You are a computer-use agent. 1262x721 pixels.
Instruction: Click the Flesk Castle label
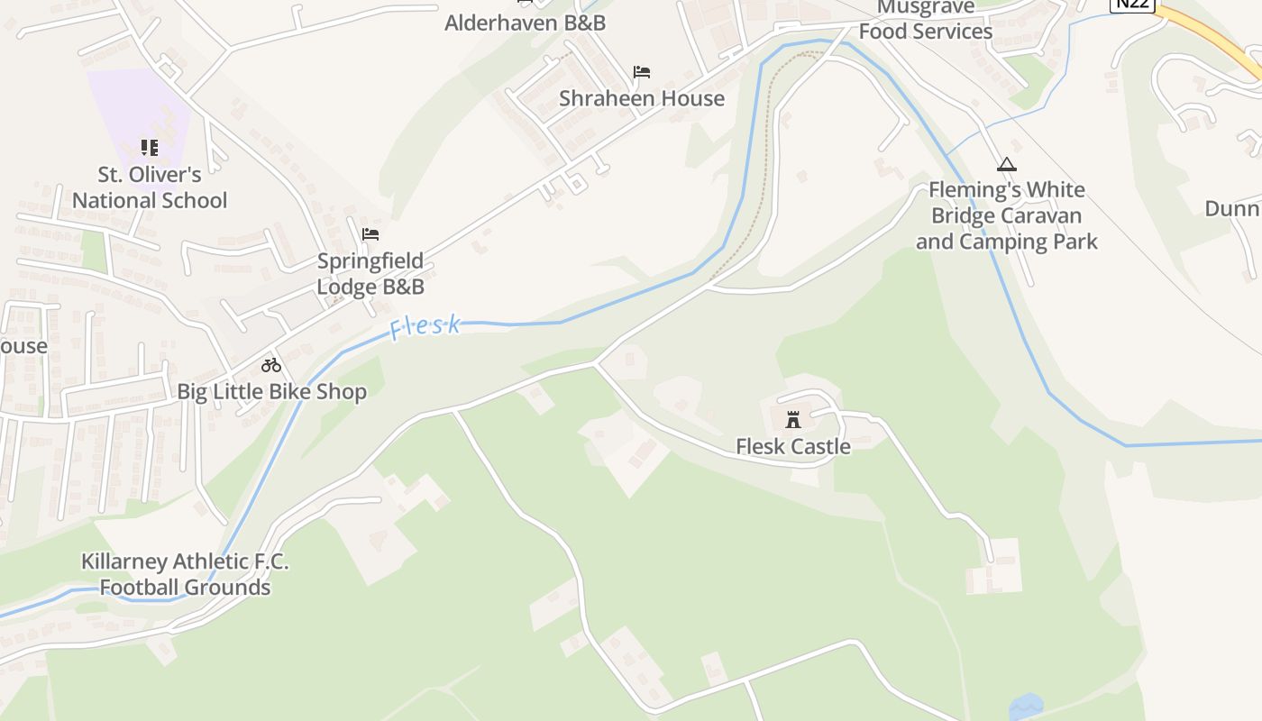pos(792,446)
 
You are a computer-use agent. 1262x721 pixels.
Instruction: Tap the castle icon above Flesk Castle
pos(793,420)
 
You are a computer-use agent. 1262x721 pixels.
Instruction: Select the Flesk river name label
pos(425,327)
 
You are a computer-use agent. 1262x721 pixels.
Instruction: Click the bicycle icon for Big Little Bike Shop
pos(271,365)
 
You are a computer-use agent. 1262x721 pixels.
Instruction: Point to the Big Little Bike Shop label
pos(271,392)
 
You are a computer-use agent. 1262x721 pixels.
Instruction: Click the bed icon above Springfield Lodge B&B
pos(370,234)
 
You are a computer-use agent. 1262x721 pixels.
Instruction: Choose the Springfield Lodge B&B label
pos(370,274)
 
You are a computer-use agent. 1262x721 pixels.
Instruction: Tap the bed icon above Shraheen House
pos(642,72)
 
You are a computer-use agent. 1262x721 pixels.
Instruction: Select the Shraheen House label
pos(642,98)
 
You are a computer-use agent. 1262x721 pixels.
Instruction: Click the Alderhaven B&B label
pos(525,23)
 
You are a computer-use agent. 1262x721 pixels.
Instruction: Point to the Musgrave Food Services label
pos(926,20)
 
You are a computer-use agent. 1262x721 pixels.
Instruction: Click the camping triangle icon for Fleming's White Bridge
pos(1007,165)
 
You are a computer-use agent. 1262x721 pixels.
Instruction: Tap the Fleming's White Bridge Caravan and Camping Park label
pos(1007,215)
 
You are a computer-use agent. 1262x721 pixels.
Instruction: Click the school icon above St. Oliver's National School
pos(150,147)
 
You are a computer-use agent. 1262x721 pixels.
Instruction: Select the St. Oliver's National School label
pos(150,187)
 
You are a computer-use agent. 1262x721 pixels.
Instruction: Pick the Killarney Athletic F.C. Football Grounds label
pos(185,574)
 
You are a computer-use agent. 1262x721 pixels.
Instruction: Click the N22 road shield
pos(1132,5)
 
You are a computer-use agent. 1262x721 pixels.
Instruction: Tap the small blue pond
pos(1026,705)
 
